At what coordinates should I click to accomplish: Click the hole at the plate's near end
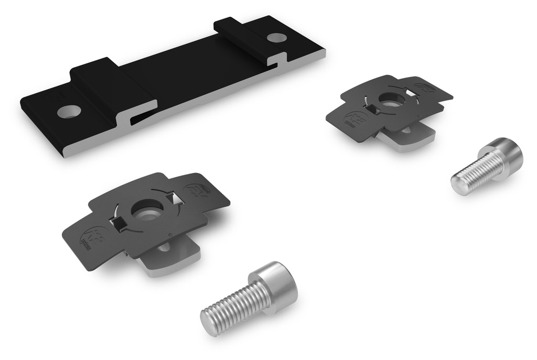69,111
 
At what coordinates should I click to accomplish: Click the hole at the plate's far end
276,38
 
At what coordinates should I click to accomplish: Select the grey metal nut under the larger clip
173,259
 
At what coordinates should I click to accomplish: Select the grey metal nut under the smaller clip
409,139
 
